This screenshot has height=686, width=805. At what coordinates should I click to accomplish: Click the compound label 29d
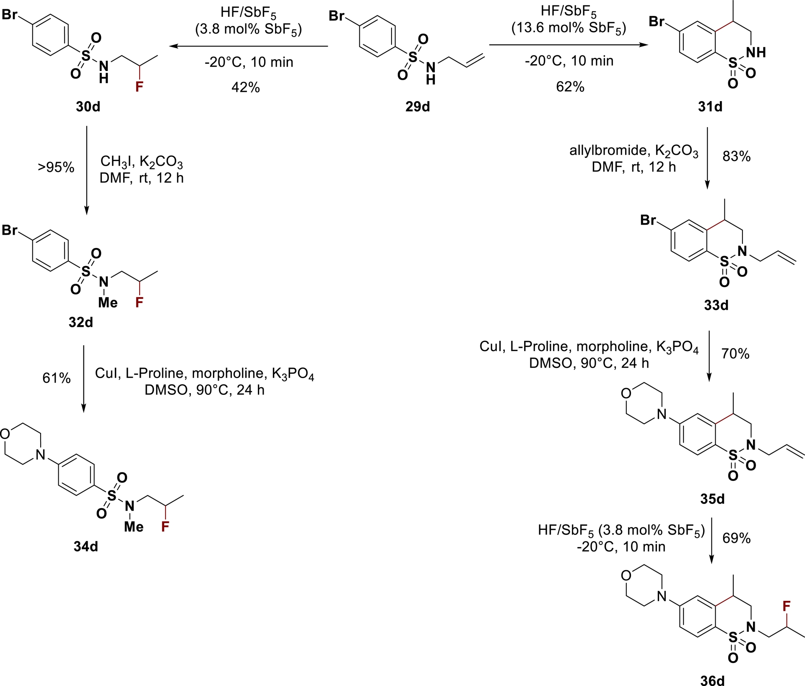tap(418, 107)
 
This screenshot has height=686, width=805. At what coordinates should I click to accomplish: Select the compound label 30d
tap(88, 107)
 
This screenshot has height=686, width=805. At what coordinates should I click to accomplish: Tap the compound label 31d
tap(710, 107)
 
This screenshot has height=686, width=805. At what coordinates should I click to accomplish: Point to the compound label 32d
tap(81, 322)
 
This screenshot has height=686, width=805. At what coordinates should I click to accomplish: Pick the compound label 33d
tap(716, 305)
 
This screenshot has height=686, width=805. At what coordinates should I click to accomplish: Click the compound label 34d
tap(86, 546)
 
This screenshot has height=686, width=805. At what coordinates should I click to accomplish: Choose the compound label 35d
tap(712, 499)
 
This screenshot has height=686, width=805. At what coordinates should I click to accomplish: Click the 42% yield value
tap(246, 87)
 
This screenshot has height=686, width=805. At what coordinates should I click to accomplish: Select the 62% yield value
tap(570, 87)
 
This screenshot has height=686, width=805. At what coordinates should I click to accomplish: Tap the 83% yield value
tap(736, 157)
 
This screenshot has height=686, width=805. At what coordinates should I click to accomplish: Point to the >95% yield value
tap(56, 167)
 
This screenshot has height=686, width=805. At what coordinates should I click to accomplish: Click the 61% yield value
tap(57, 378)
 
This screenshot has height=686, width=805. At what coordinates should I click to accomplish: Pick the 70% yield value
tap(735, 354)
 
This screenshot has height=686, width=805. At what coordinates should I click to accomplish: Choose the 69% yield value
tap(736, 538)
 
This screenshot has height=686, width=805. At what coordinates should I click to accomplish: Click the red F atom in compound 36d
tap(787, 605)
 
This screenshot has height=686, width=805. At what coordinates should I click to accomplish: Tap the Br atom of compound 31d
tap(657, 22)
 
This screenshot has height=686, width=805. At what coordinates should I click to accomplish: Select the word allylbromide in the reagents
tap(602, 150)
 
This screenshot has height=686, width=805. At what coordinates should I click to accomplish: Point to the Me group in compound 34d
tap(134, 527)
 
